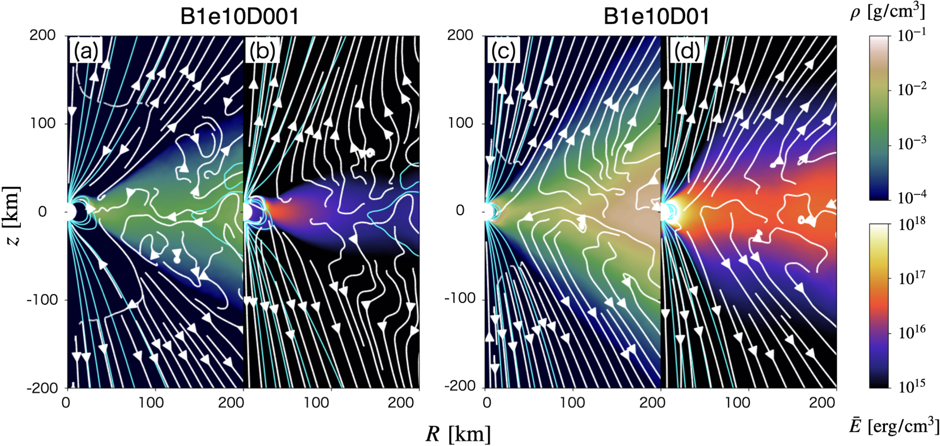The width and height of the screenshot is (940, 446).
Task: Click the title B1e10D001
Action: coord(239,17)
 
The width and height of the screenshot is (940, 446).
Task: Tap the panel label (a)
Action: coord(86,51)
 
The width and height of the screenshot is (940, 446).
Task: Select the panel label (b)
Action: coord(262,51)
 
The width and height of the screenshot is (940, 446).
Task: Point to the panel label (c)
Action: coord(503,51)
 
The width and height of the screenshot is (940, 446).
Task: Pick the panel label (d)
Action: coord(687,51)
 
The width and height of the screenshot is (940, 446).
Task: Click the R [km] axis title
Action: coord(458,434)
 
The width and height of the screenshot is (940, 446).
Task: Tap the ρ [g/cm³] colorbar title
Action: coord(888,11)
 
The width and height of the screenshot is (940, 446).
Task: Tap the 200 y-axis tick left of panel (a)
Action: coord(42,36)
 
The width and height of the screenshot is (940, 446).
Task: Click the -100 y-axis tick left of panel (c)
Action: coord(460,299)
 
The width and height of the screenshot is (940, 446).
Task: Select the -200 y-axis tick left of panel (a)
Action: coord(42,387)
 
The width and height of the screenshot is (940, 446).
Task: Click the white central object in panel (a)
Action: coord(70,212)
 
